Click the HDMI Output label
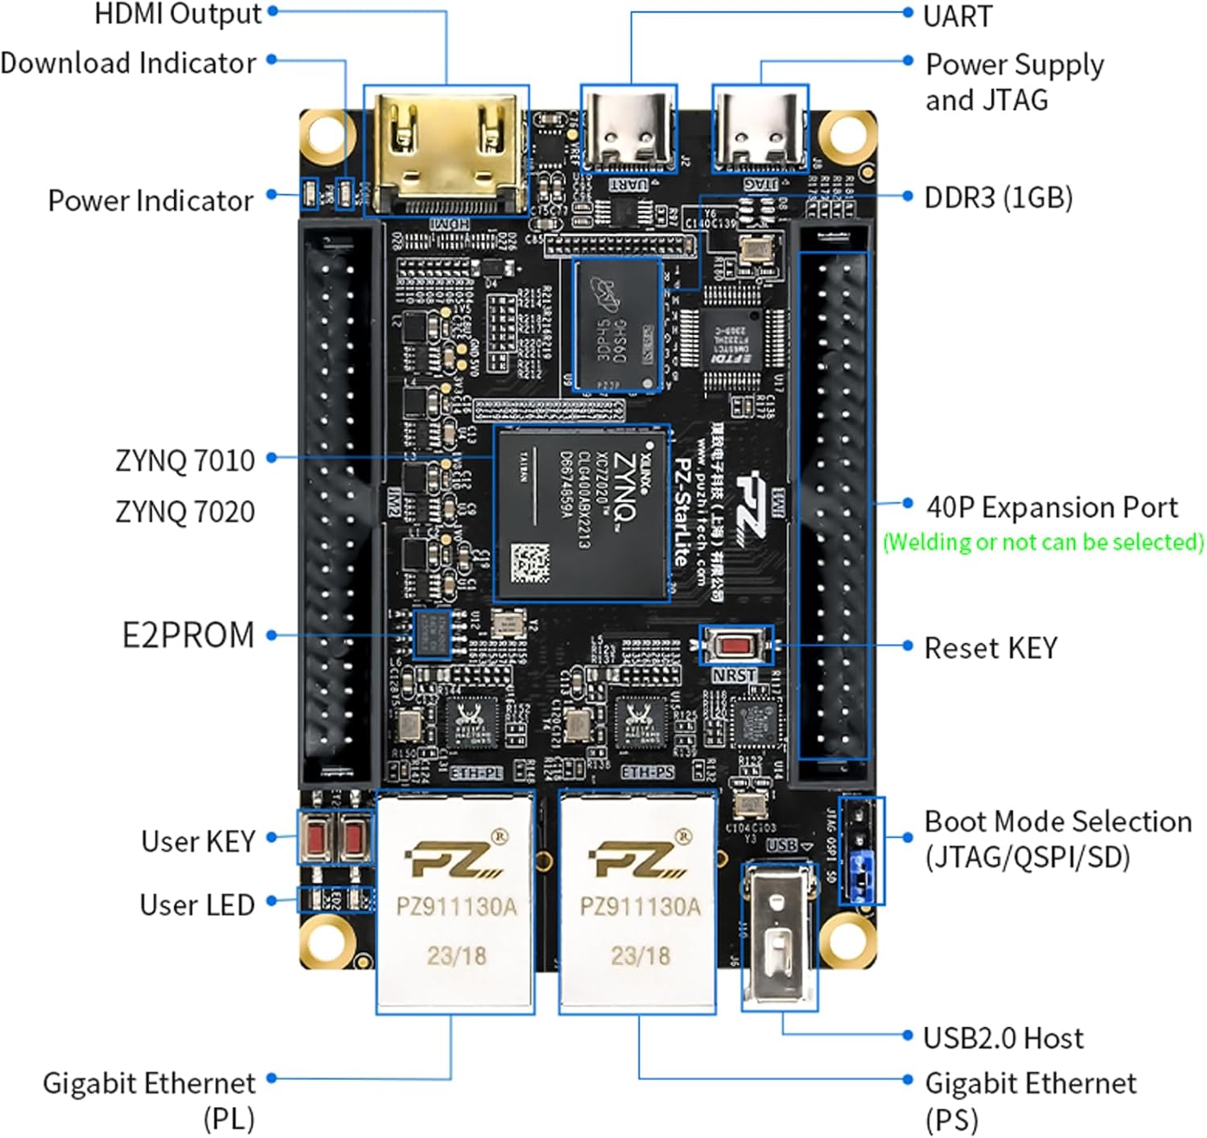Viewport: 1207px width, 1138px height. point(179,14)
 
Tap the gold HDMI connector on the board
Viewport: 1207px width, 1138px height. point(446,149)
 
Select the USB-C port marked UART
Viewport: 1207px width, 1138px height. point(628,129)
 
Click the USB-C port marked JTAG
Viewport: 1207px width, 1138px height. point(760,129)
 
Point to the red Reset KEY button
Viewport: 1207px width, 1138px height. point(734,645)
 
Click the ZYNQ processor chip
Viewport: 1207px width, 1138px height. point(582,513)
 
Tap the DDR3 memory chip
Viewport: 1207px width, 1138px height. point(617,325)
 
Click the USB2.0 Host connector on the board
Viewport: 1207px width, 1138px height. point(778,934)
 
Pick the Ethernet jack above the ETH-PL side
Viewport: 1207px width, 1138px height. point(455,901)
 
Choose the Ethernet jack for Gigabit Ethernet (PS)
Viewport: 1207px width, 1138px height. point(638,901)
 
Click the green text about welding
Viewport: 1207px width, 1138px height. point(1043,542)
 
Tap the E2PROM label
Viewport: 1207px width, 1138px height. point(187,635)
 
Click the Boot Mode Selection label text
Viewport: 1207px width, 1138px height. point(1057,839)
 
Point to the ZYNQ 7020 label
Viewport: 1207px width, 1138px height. point(185,512)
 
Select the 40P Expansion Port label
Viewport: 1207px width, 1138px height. point(1051,507)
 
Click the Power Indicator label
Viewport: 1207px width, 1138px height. point(150,200)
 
